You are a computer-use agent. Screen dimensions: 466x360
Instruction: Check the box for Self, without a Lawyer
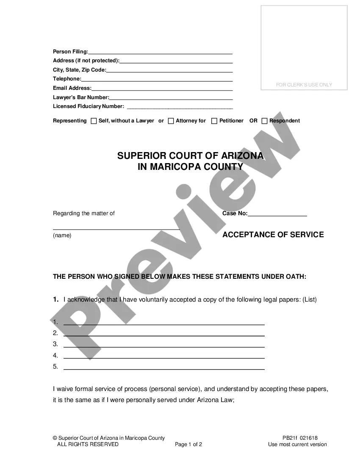[x=94, y=121]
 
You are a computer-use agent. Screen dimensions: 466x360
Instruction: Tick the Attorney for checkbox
[x=171, y=121]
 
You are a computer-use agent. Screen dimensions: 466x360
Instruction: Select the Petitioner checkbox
[x=214, y=121]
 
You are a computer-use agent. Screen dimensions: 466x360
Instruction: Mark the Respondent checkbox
[x=264, y=121]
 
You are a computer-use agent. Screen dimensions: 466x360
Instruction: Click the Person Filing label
[x=70, y=52]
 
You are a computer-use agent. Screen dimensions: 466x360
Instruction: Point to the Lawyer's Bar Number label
[x=80, y=97]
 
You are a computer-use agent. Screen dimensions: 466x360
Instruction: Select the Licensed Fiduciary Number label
[x=88, y=106]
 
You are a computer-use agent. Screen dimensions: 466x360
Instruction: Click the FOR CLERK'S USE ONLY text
[x=304, y=85]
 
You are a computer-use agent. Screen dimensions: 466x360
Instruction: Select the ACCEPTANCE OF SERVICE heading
[x=273, y=235]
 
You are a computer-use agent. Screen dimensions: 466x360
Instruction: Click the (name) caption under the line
[x=62, y=236]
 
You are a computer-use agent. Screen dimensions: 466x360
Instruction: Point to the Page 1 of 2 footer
[x=188, y=444]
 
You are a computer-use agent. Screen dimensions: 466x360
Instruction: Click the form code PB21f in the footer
[x=290, y=438]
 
